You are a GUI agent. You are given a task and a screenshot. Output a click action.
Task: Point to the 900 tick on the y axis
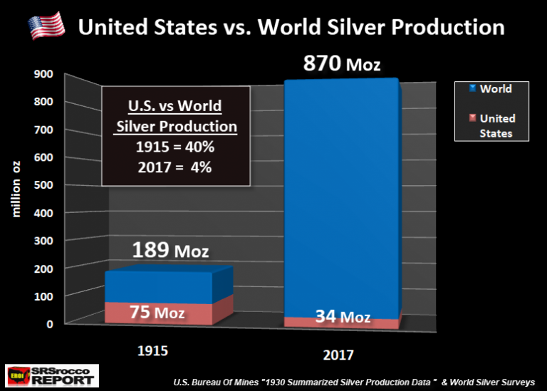[x=44, y=74]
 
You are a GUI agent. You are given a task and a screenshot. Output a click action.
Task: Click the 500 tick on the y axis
[x=44, y=185]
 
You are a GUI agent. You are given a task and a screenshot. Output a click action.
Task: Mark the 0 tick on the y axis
[x=51, y=324]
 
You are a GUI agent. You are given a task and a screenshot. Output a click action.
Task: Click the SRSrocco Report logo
[x=50, y=375]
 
